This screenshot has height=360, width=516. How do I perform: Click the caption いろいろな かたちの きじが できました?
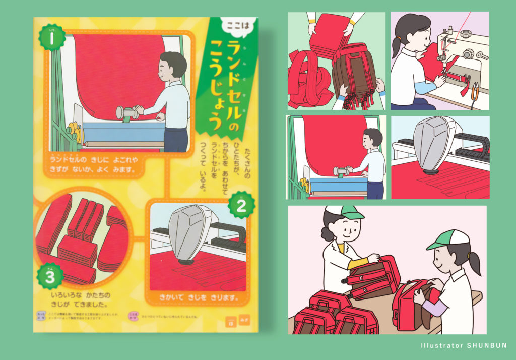[81, 297]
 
